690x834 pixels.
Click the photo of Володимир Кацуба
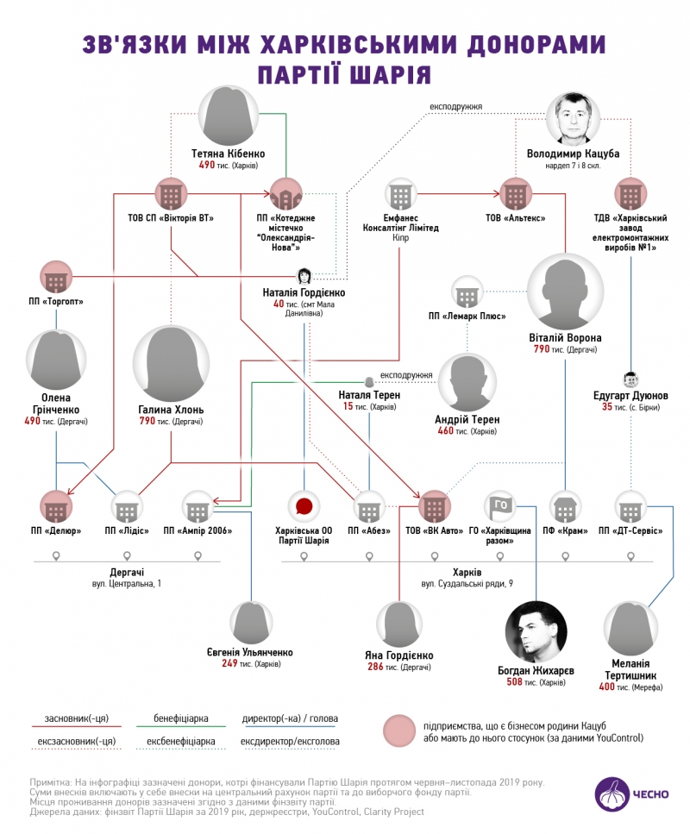pyautogui.click(x=572, y=119)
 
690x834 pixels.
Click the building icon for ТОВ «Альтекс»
pyautogui.click(x=515, y=193)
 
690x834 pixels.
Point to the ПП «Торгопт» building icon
pyautogui.click(x=56, y=277)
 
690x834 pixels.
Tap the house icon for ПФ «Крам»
pyautogui.click(x=564, y=506)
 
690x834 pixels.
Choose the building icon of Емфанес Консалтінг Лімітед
pyautogui.click(x=399, y=194)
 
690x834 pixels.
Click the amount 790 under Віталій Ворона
pyautogui.click(x=543, y=349)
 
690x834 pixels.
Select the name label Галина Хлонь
pyautogui.click(x=170, y=409)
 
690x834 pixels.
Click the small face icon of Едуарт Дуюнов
pyautogui.click(x=630, y=379)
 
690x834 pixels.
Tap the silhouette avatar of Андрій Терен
pyautogui.click(x=468, y=384)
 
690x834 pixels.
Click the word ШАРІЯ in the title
pyautogui.click(x=391, y=72)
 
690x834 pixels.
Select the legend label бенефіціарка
pyautogui.click(x=185, y=718)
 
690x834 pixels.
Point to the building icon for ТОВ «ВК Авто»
pyautogui.click(x=433, y=506)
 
